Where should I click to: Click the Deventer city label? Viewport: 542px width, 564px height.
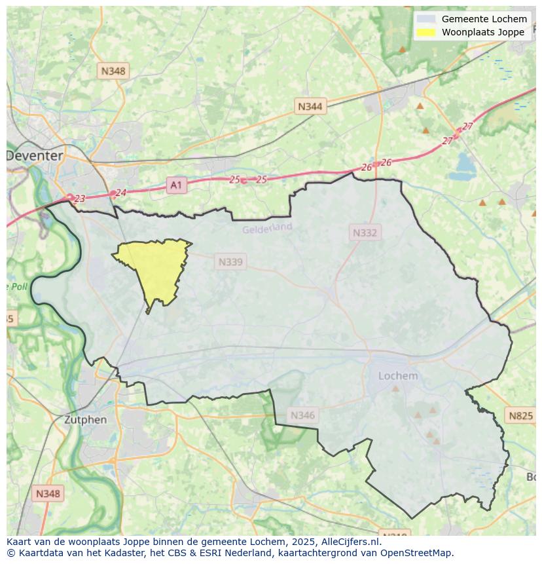click(x=35, y=156)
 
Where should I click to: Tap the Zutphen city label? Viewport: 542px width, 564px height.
click(x=85, y=420)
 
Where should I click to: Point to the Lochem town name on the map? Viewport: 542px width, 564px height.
click(x=398, y=376)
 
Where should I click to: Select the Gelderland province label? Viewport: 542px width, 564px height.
click(x=267, y=228)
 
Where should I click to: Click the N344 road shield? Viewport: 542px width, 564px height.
click(x=310, y=106)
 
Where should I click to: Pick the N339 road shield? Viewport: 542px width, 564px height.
click(x=230, y=262)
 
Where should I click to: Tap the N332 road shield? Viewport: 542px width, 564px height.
click(x=365, y=233)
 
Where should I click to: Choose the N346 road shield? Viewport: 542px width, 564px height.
click(x=302, y=415)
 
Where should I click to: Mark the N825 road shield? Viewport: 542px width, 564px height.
click(x=520, y=415)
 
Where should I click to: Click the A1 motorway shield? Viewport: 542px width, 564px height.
click(x=175, y=185)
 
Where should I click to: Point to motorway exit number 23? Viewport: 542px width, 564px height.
click(x=79, y=198)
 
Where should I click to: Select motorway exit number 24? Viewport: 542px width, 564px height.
click(x=120, y=193)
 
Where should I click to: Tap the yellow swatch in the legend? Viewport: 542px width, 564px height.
click(x=425, y=32)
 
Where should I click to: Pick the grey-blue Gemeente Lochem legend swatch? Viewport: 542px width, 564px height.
click(x=425, y=19)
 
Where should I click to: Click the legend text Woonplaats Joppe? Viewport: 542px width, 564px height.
click(x=482, y=32)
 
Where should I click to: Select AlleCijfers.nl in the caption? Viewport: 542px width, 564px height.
click(x=350, y=542)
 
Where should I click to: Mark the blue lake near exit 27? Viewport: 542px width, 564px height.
click(x=467, y=162)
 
